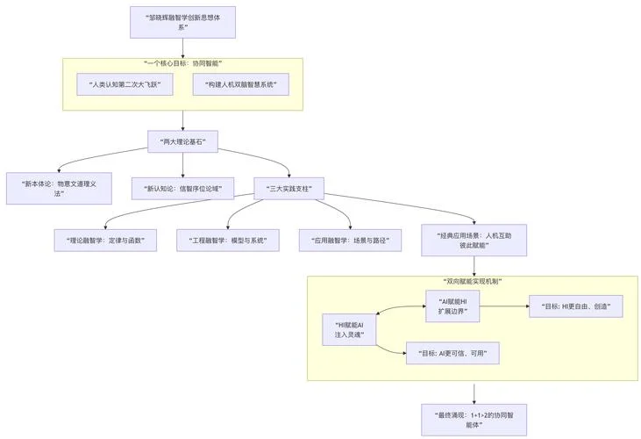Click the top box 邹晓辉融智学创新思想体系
pos(182,22)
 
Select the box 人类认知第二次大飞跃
pos(125,84)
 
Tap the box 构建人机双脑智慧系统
pos(241,84)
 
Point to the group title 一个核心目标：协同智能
pos(182,63)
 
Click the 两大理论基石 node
pos(182,141)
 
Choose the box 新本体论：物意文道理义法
pos(59,188)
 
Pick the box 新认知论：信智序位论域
pos(182,189)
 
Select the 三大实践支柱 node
pos(289,189)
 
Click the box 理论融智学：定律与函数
pos(105,241)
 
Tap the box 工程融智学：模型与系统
pos(228,241)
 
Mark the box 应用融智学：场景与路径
pos(350,241)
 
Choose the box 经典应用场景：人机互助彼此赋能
pos(474,241)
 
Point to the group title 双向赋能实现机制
pos(473,282)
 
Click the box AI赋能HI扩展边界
pos(452,306)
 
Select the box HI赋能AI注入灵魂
pos(349,330)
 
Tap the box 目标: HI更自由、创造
pos(576,306)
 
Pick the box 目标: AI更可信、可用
pos(452,353)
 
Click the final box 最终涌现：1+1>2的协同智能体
pos(474,420)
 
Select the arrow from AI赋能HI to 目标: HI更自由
pos(504,306)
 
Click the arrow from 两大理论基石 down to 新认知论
pos(182,165)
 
